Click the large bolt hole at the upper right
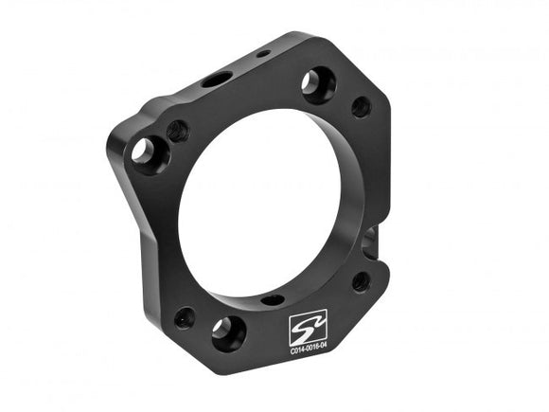point(318,85)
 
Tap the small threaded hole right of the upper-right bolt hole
point(361,107)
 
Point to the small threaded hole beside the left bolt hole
point(178,131)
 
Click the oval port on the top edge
point(215,80)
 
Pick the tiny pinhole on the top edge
point(264,53)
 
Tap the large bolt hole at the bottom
point(228,332)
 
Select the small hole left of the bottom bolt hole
point(185,316)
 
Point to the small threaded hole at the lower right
point(361,280)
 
